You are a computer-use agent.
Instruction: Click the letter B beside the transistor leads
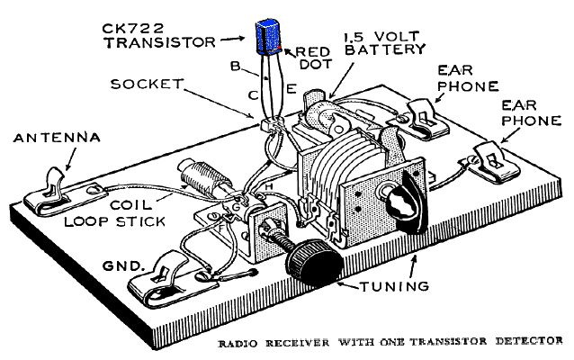(x=234, y=67)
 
